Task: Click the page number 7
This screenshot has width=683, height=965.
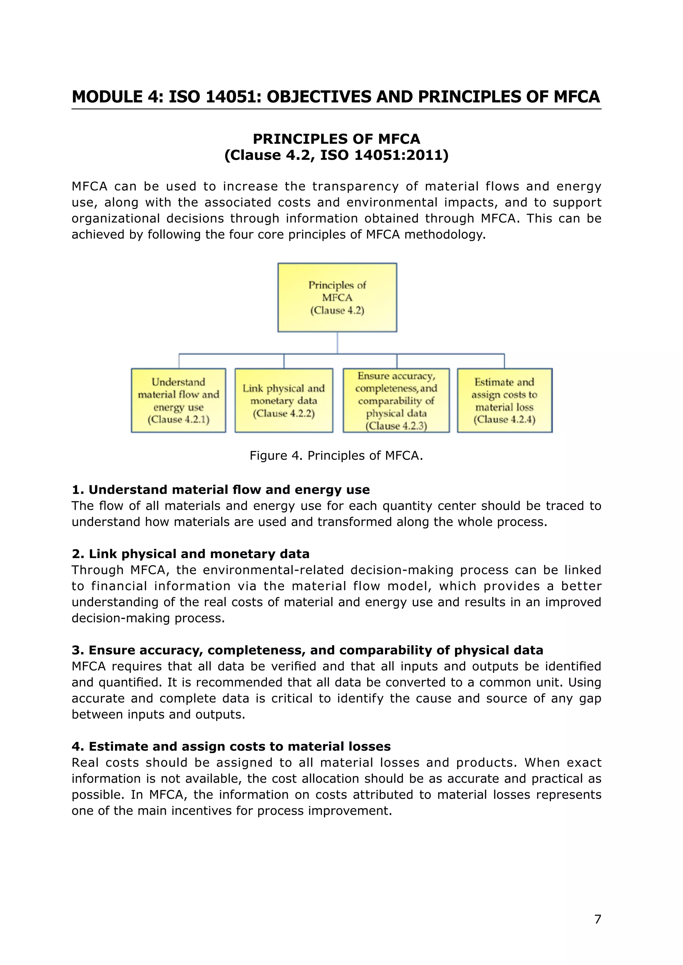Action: point(598,919)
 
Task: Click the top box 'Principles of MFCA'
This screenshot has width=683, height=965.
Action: point(337,298)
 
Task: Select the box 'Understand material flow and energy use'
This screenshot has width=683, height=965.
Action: point(178,400)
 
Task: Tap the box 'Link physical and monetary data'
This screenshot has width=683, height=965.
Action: point(284,400)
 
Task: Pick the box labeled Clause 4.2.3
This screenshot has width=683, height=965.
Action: point(396,400)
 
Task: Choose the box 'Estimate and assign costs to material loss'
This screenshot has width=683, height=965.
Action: point(504,400)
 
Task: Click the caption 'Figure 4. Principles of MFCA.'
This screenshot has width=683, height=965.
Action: point(336,456)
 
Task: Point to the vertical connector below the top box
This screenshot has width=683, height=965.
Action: point(337,343)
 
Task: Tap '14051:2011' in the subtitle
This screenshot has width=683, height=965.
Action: point(402,155)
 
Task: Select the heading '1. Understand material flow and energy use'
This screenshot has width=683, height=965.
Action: point(221,489)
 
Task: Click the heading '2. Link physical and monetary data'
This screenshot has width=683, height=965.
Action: point(190,554)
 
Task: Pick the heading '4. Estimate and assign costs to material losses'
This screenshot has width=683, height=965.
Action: point(231,746)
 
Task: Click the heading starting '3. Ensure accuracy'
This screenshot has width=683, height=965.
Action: point(307,650)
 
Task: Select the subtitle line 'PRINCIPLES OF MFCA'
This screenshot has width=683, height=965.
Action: point(336,139)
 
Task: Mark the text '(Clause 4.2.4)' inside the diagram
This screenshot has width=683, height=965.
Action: point(504,420)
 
